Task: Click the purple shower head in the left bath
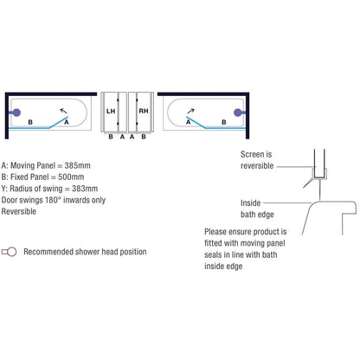[x=16, y=112]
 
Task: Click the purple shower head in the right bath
[x=239, y=112]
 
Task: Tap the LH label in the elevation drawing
[x=111, y=111]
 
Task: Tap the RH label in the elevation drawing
[x=144, y=111]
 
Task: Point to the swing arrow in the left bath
[x=63, y=111]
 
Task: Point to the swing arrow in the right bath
[x=190, y=111]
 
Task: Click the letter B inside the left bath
[x=30, y=122]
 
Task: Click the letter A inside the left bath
[x=67, y=122]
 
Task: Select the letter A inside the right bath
[x=189, y=122]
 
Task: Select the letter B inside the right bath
[x=224, y=122]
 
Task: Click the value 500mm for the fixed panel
[x=71, y=177]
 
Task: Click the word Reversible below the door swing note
[x=19, y=211]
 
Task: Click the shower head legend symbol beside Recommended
[x=9, y=252]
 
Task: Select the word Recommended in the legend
[x=48, y=252]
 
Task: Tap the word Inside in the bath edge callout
[x=250, y=203]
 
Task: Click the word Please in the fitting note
[x=215, y=232]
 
